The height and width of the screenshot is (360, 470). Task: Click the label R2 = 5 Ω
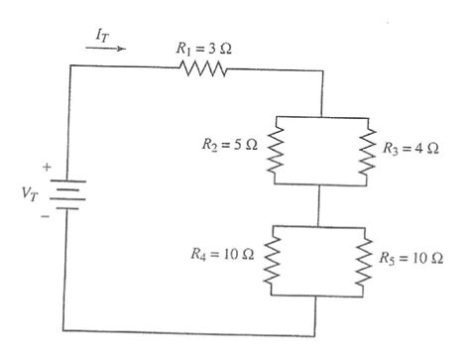pos(233,146)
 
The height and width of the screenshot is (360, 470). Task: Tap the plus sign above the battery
pos(46,166)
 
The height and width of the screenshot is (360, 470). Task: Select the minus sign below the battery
pos(46,212)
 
